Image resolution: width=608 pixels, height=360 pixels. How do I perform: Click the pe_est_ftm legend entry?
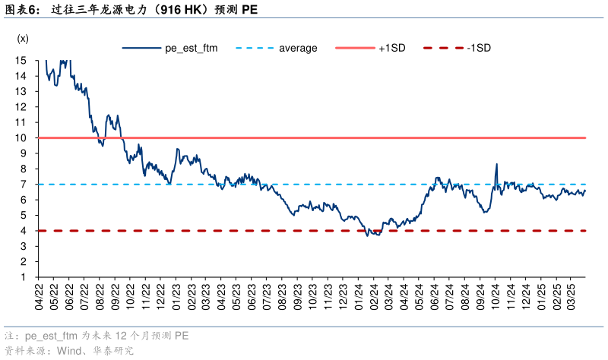coord(191,47)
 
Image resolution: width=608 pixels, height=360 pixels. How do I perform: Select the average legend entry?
coord(298,47)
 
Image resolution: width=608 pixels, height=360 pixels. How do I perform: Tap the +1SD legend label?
coord(391,47)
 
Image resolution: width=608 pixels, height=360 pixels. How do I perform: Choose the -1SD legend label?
coord(479,47)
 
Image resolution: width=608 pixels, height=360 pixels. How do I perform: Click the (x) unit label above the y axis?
coord(23,38)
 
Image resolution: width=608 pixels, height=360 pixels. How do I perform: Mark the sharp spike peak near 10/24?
coord(496,164)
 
